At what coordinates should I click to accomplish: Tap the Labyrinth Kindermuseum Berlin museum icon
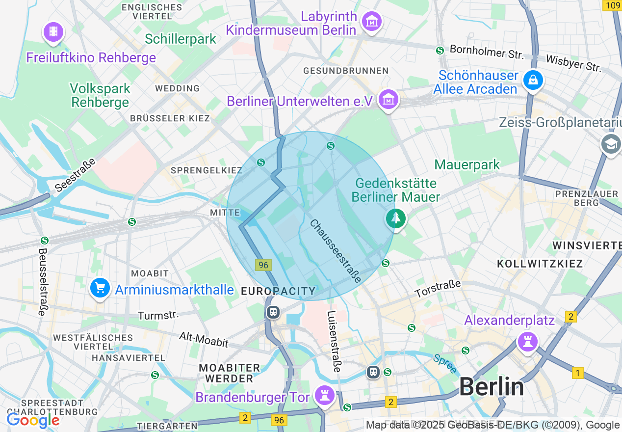[x=371, y=22]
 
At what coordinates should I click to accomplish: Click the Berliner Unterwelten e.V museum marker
[x=389, y=100]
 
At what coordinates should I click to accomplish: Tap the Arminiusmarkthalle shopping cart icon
[x=100, y=288]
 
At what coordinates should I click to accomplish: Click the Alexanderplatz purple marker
[x=527, y=341]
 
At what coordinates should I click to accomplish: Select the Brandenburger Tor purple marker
[x=324, y=395]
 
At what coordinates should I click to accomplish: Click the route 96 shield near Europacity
[x=263, y=265]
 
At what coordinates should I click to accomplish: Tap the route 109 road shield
[x=613, y=5]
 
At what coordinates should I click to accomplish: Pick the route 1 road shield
[x=578, y=373]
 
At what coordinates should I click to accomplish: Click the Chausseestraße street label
[x=336, y=250]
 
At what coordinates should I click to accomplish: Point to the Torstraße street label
[x=438, y=289]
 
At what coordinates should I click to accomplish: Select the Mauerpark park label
[x=467, y=164]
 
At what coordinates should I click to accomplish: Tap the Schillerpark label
[x=181, y=39]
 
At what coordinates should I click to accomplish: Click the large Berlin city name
[x=492, y=387]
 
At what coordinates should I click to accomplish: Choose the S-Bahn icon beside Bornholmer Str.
[x=440, y=50]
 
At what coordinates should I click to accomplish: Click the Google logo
[x=32, y=421]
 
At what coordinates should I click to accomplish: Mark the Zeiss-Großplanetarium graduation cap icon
[x=611, y=145]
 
